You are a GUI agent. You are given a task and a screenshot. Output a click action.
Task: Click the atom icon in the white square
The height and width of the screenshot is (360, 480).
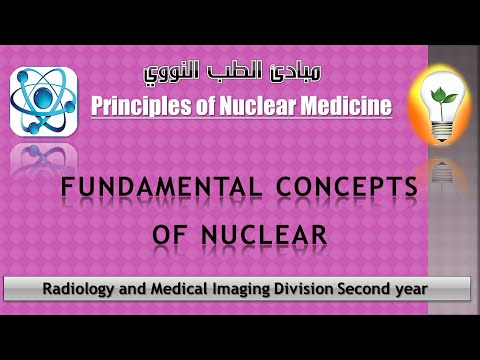44,101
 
